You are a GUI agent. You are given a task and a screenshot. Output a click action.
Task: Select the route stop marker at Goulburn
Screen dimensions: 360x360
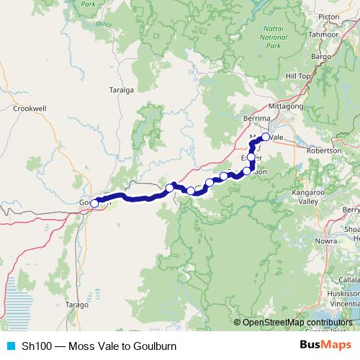point(94,204)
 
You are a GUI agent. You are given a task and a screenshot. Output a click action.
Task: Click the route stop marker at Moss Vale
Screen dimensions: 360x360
point(265,137)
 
